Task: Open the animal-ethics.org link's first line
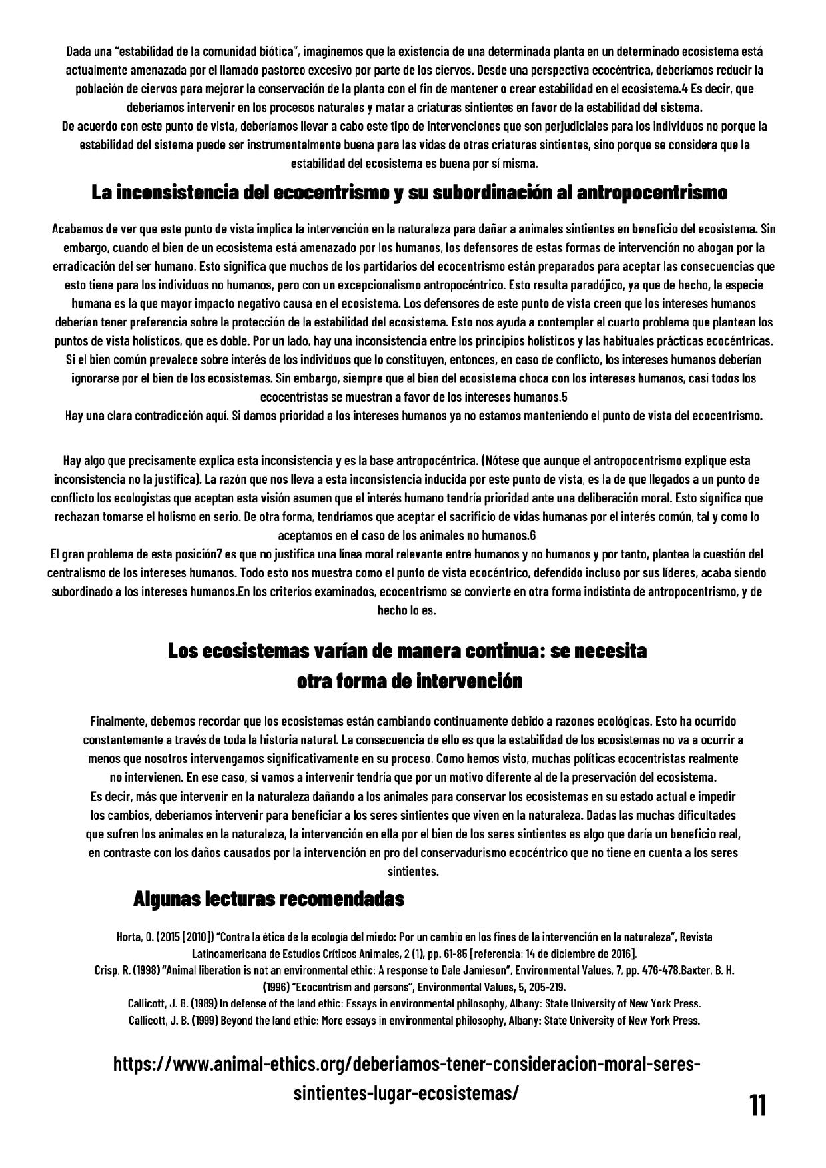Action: click(406, 1064)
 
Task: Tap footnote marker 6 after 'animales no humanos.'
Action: click(533, 535)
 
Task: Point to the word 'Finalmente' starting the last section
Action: click(118, 721)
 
